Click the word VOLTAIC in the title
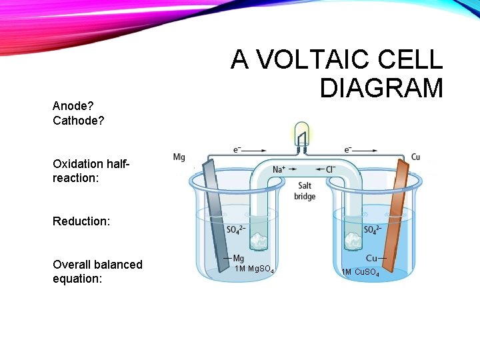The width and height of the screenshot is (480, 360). pyautogui.click(x=303, y=61)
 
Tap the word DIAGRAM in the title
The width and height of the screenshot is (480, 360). pyautogui.click(x=381, y=88)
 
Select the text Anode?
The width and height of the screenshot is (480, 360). pyautogui.click(x=73, y=106)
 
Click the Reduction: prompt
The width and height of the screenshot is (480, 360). pyautogui.click(x=81, y=221)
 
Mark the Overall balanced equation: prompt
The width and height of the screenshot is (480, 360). pyautogui.click(x=97, y=271)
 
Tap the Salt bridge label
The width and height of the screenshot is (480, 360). pyautogui.click(x=305, y=191)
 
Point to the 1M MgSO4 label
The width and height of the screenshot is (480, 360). pyautogui.click(x=254, y=269)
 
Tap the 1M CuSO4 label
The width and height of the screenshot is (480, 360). pyautogui.click(x=360, y=272)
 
